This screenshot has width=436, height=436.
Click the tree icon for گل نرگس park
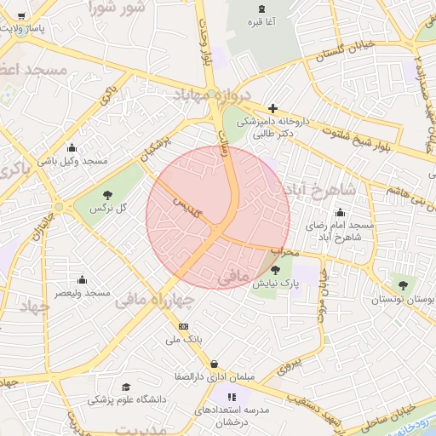click(x=106, y=195)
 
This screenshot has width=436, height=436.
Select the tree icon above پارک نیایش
click(x=274, y=269)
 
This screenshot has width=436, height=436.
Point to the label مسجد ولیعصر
click(x=83, y=293)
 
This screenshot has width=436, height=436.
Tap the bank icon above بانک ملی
click(x=183, y=326)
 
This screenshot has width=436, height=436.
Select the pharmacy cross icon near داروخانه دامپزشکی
click(x=272, y=108)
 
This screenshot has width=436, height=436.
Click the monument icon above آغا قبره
click(x=260, y=9)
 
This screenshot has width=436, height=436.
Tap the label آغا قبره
click(x=260, y=22)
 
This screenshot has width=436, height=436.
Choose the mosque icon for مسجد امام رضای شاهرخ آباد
click(x=341, y=212)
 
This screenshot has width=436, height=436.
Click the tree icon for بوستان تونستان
click(x=402, y=285)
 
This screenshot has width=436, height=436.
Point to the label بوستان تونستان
click(x=402, y=301)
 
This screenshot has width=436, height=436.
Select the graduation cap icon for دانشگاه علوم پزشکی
click(x=126, y=387)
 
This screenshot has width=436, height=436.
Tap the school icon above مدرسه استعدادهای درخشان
click(x=230, y=396)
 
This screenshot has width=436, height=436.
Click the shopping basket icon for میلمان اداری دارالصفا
click(x=213, y=364)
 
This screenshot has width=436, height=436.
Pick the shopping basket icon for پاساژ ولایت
click(x=20, y=15)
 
